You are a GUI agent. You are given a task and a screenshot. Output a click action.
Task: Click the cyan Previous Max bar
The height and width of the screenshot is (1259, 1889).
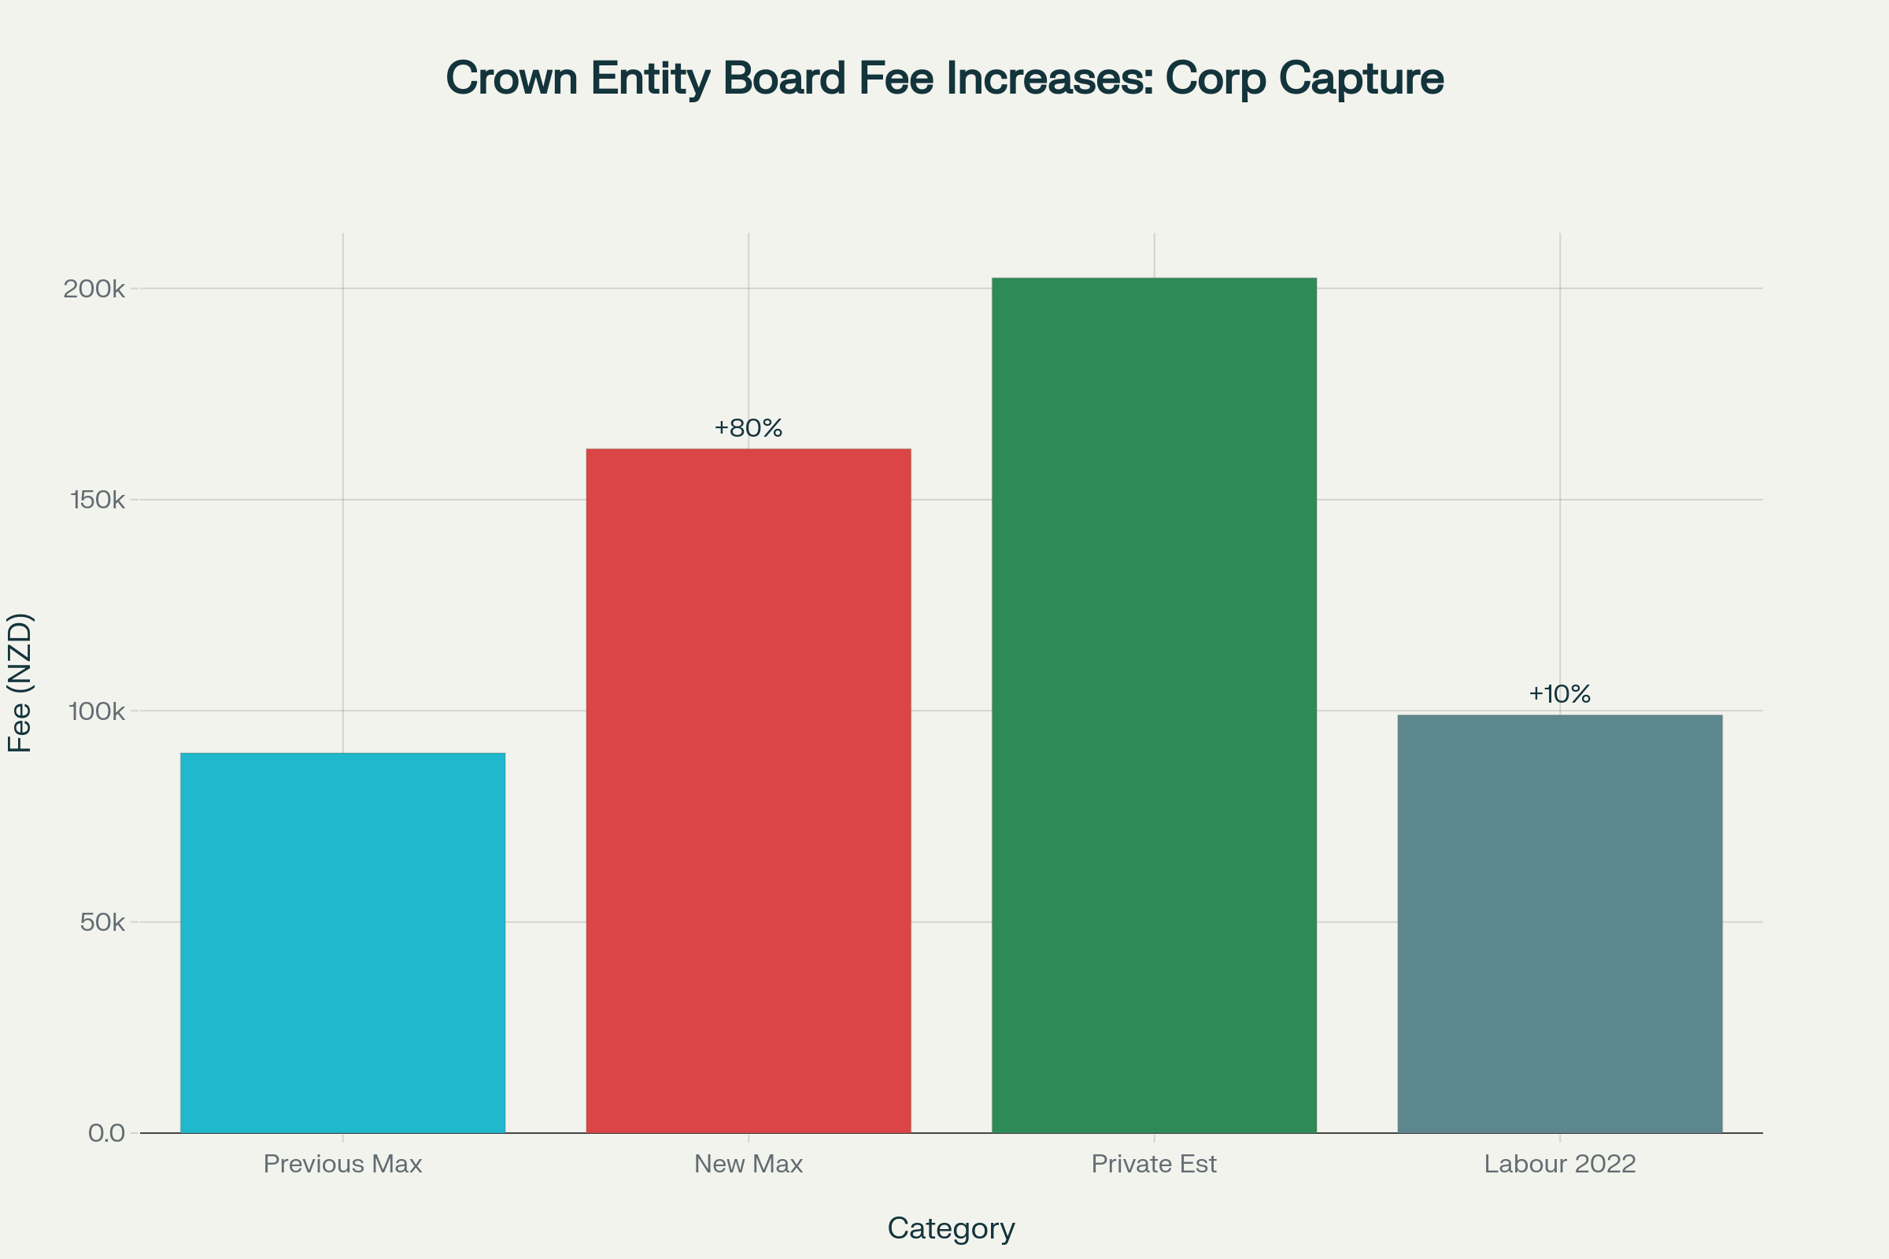[343, 943]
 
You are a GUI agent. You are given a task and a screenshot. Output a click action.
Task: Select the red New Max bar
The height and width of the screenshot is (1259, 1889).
[749, 791]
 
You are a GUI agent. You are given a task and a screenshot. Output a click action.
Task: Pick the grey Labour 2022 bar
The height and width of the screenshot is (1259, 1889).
[1560, 923]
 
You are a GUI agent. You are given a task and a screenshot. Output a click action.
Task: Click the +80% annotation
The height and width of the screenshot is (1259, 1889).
[749, 428]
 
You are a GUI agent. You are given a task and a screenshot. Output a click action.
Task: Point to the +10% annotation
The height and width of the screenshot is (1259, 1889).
[1560, 694]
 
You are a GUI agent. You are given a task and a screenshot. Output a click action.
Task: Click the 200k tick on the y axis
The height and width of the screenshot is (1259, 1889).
[94, 289]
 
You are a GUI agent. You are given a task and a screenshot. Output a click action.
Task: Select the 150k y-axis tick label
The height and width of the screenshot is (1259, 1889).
[98, 500]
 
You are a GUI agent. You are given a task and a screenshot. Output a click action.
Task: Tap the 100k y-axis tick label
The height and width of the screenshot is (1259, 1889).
[98, 711]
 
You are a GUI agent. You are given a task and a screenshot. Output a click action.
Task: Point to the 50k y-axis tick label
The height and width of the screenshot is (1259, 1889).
[103, 922]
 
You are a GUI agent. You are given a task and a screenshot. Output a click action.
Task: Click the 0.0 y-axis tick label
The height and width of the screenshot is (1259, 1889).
[107, 1134]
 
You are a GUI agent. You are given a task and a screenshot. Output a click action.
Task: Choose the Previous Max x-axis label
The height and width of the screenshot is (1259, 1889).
[343, 1165]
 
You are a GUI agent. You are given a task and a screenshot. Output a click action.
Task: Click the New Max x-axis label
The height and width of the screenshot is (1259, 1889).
[749, 1165]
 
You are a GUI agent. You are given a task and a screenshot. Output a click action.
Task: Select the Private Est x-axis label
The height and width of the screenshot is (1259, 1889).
[1154, 1165]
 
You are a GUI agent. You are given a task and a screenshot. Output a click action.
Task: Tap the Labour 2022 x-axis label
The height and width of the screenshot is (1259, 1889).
[1560, 1165]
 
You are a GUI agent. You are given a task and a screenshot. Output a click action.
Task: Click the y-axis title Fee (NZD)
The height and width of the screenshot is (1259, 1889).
[19, 682]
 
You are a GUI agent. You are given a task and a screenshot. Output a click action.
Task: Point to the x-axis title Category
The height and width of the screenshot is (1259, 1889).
[951, 1228]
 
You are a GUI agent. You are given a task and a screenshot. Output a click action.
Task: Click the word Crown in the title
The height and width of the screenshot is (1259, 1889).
[512, 79]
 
